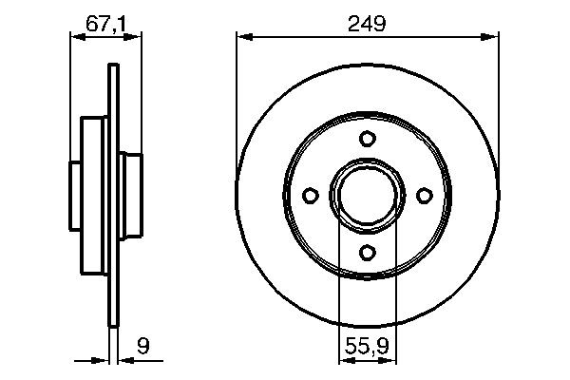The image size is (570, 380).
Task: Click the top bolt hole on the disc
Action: tap(367, 139)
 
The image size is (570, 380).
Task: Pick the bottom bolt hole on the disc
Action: tap(367, 252)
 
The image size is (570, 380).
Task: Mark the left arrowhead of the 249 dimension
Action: tap(241, 37)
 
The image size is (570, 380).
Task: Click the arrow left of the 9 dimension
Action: tap(105, 361)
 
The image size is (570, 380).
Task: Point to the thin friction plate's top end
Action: tap(114, 68)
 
